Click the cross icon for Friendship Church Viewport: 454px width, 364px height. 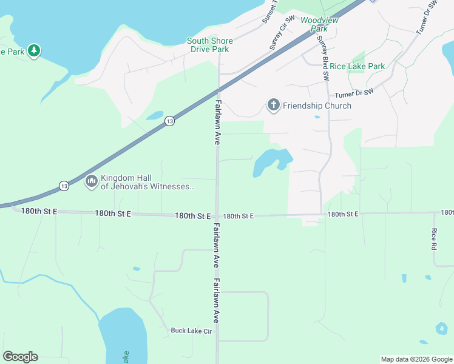point(273,106)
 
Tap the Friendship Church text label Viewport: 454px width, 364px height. point(316,106)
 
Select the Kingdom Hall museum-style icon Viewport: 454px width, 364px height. point(92,181)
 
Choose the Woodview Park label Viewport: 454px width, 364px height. point(319,24)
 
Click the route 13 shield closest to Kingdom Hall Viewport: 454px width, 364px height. point(64,185)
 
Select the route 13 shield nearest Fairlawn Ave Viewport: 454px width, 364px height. point(170,121)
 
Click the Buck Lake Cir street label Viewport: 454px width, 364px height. point(191,331)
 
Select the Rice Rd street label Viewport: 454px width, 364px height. point(434,240)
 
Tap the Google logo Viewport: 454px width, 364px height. point(20,356)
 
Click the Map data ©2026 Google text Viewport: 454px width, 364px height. point(416,359)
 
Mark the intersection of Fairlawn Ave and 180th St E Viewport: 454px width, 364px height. point(217,215)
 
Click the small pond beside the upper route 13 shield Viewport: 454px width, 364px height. point(155,115)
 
